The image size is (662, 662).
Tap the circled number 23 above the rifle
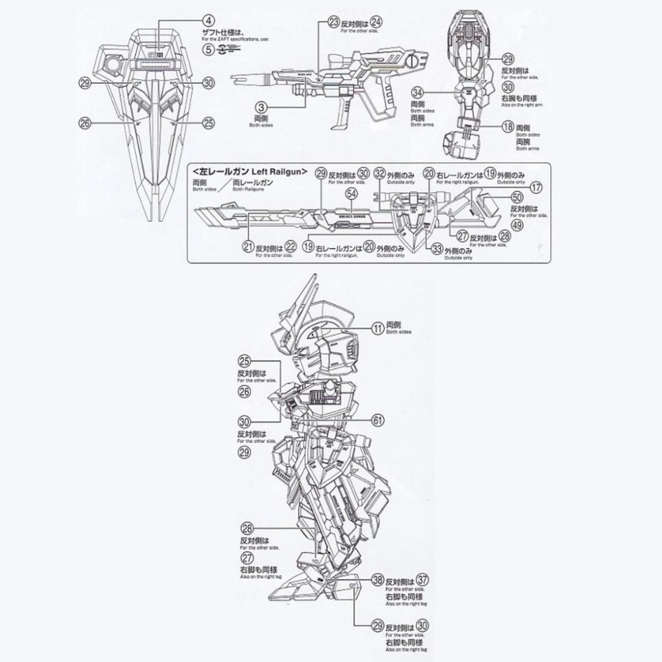tap(334, 21)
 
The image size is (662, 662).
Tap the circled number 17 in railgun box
tap(536, 187)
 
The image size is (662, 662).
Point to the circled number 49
tap(518, 226)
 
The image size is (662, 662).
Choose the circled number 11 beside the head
tap(377, 327)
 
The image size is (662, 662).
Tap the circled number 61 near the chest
tap(377, 420)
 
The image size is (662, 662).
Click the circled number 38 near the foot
tap(377, 579)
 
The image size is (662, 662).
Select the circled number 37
tap(424, 579)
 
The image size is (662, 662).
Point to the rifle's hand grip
tap(344, 115)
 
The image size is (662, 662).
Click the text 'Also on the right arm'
tap(522, 97)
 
